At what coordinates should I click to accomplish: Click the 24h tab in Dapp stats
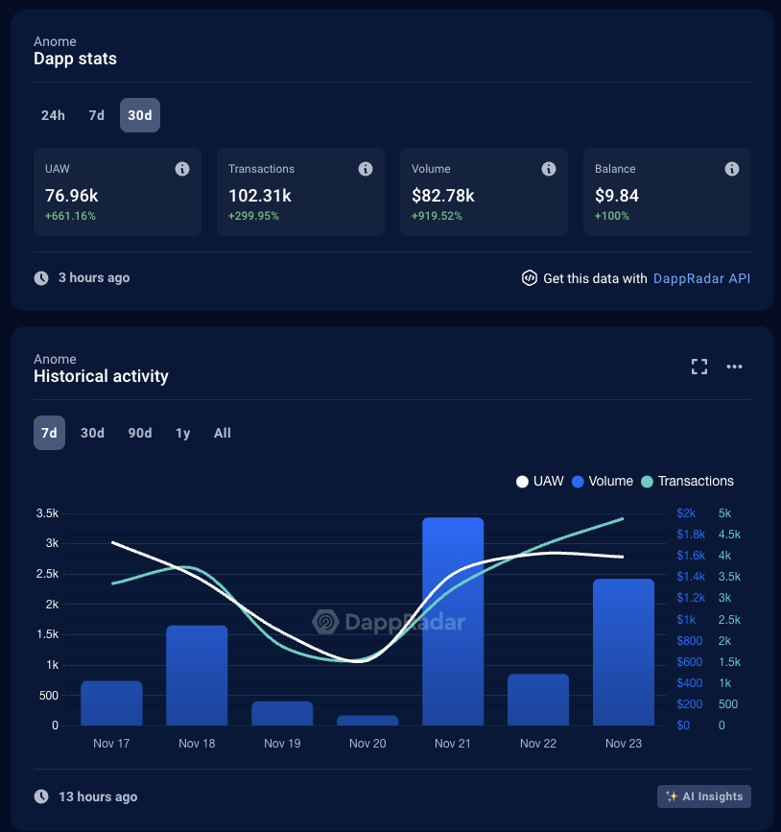coord(53,115)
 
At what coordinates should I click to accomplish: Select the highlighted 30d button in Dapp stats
coord(140,115)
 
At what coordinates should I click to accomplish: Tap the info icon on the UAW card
coord(182,169)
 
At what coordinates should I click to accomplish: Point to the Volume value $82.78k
coord(443,196)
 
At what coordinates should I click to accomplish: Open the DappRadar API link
coord(701,278)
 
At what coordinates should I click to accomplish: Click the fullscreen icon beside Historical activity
coord(699,367)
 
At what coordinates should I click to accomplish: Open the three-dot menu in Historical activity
coord(734,367)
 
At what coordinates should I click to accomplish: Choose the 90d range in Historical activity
coord(140,433)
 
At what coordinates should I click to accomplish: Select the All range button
coord(223,433)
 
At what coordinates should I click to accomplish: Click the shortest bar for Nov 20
coord(367,720)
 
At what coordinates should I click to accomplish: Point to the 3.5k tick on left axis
coord(46,513)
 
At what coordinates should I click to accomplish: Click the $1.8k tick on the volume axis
coord(691,535)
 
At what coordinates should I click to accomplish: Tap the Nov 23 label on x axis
coord(624,744)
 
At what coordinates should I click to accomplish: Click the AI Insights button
coord(704,796)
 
